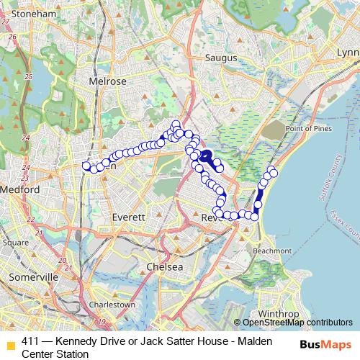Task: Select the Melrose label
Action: pos(107,81)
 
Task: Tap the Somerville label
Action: pos(33,276)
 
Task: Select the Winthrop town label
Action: pos(274,315)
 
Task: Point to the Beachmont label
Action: pos(272,251)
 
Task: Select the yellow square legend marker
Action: pos(9,343)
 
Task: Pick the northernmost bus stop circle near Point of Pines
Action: pos(271,170)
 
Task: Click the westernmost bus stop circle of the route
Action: pos(86,166)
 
